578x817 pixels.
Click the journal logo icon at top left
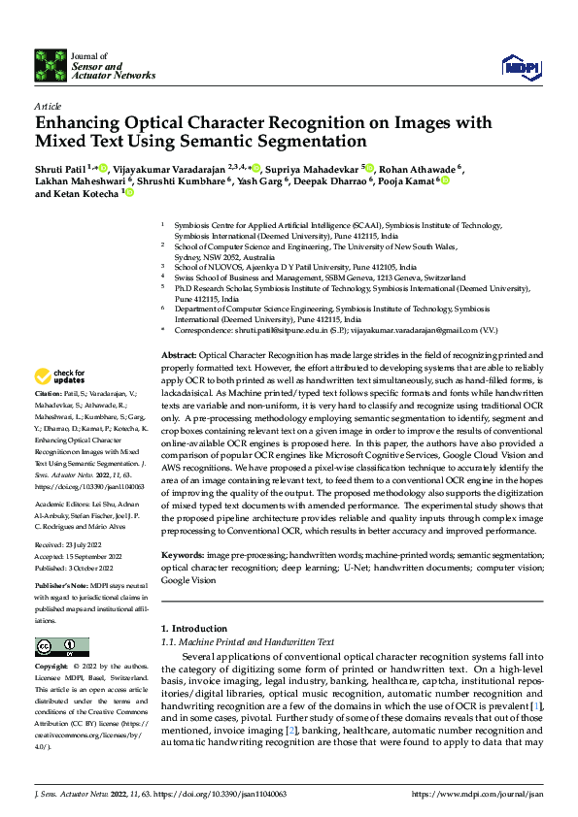(x=51, y=64)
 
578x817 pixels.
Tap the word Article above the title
(x=48, y=106)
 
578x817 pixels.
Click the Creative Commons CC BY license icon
(x=61, y=647)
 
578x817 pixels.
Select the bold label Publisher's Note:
(x=62, y=588)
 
